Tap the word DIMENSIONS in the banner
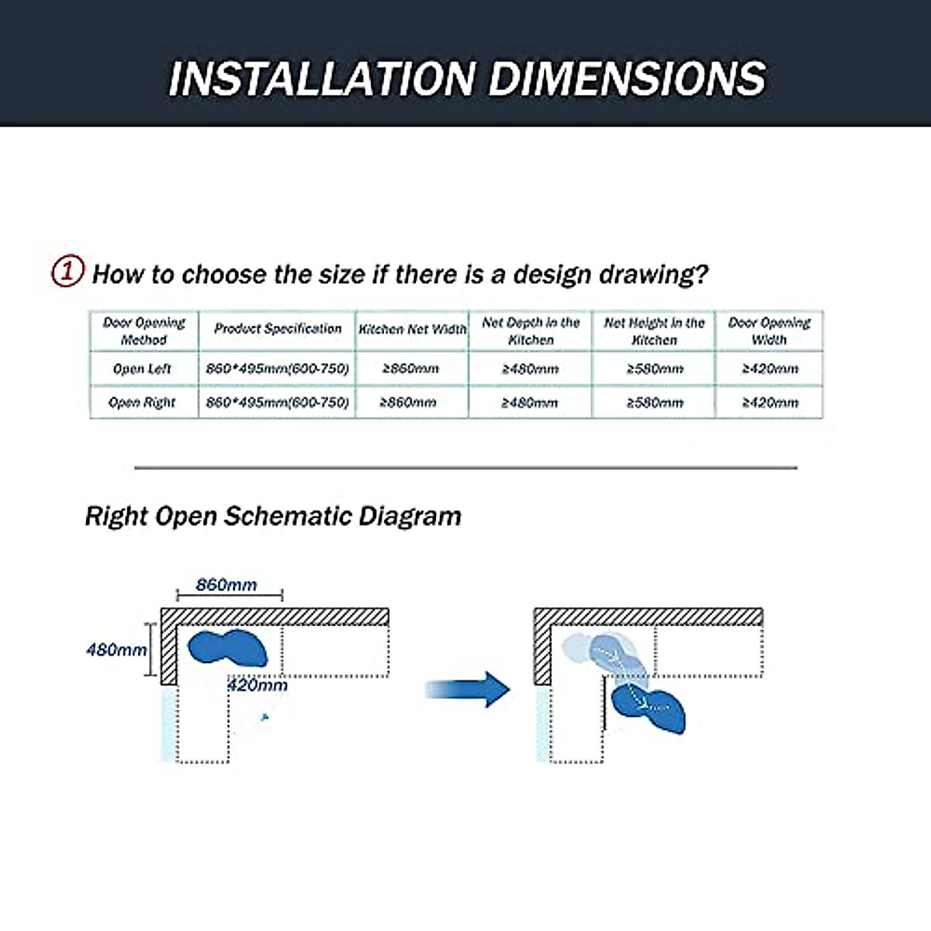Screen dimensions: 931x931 pyautogui.click(x=628, y=78)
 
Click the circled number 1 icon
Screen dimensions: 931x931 pyautogui.click(x=67, y=272)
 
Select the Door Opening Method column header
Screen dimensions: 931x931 pyautogui.click(x=144, y=331)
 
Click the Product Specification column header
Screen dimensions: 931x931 pyautogui.click(x=278, y=329)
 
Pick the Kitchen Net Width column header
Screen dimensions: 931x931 pyautogui.click(x=412, y=330)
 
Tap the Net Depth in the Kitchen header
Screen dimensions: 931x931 pyautogui.click(x=531, y=331)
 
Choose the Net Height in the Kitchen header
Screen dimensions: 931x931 pyautogui.click(x=654, y=331)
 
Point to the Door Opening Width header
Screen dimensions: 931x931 pyautogui.click(x=769, y=331)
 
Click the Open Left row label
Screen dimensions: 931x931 pyautogui.click(x=143, y=369)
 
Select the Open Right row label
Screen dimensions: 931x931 pyautogui.click(x=143, y=403)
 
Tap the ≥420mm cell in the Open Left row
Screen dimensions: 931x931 pyautogui.click(x=770, y=369)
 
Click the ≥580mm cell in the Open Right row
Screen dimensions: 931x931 pyautogui.click(x=655, y=403)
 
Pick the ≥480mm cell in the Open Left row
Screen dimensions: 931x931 pyautogui.click(x=530, y=369)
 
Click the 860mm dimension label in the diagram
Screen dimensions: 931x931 pyautogui.click(x=227, y=585)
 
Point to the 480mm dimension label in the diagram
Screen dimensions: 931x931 pyautogui.click(x=116, y=649)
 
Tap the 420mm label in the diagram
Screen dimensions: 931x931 pyautogui.click(x=257, y=685)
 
